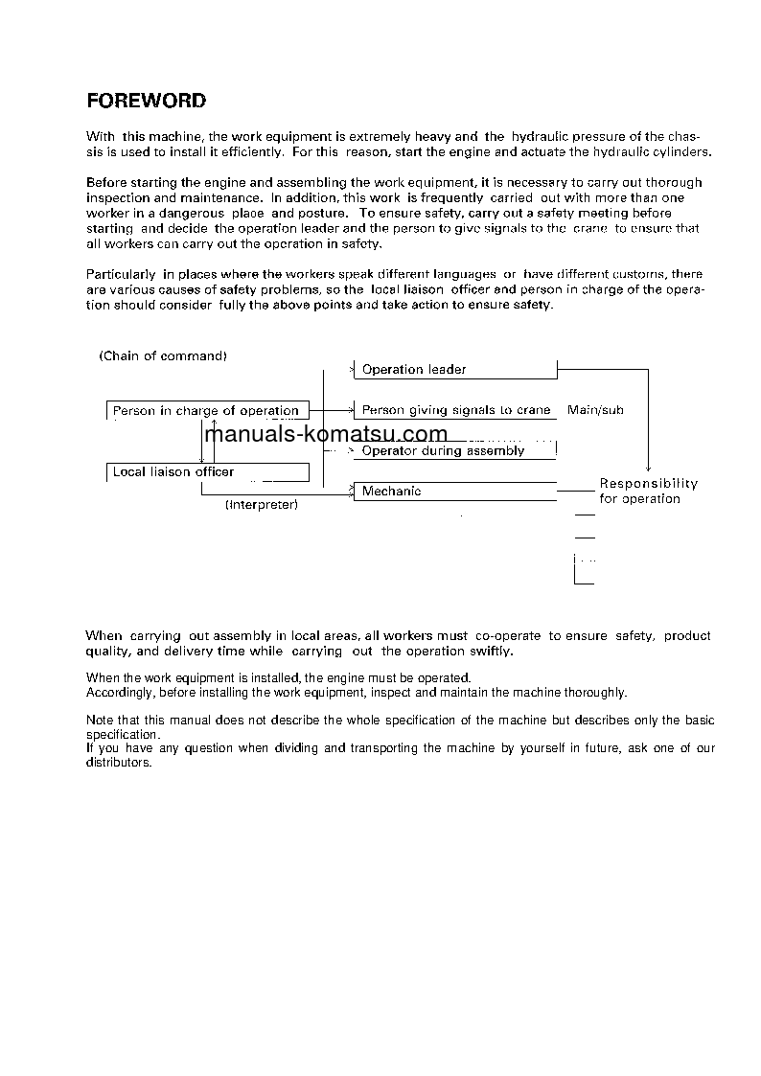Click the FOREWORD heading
[x=146, y=101]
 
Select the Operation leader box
[x=455, y=369]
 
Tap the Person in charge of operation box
[x=207, y=410]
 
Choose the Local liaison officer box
[x=207, y=471]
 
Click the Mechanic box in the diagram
[x=455, y=492]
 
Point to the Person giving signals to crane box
[x=455, y=410]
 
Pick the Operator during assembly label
[x=443, y=450]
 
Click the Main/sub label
[x=595, y=410]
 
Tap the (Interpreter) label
[x=262, y=505]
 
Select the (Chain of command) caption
[x=163, y=355]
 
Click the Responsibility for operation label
[x=648, y=491]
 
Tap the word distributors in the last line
[x=119, y=763]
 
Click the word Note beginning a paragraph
[x=100, y=721]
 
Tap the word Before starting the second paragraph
[x=106, y=182]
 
